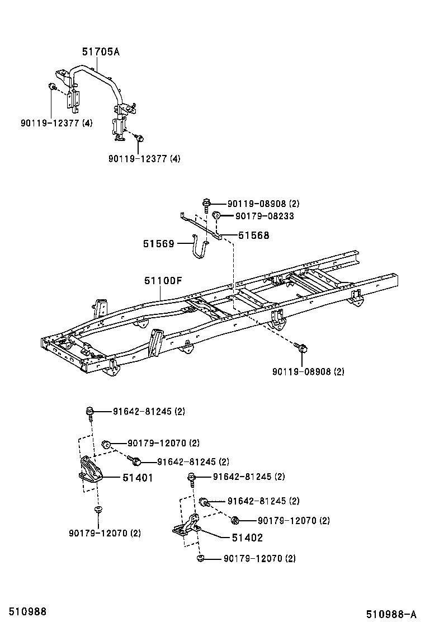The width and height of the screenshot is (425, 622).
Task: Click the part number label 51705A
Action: [101, 52]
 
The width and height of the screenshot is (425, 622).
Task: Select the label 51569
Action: [158, 243]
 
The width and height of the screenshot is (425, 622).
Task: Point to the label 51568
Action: [253, 235]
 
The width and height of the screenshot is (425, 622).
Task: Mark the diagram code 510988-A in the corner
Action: [391, 614]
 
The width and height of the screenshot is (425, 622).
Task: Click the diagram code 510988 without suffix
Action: [23, 612]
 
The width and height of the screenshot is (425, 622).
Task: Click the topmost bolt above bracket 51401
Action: [89, 412]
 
